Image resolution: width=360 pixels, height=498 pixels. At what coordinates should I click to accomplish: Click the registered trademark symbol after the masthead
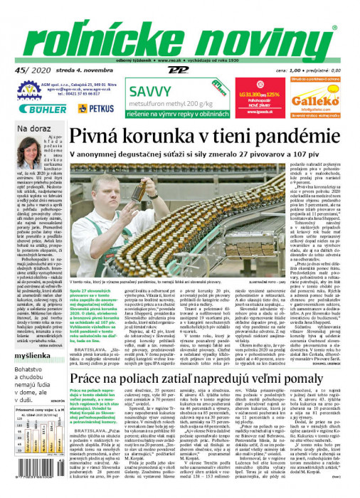tap(335, 27)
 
